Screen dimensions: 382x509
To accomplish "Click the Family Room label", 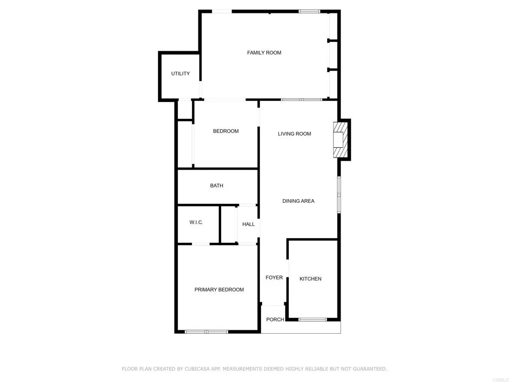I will pyautogui.click(x=264, y=53).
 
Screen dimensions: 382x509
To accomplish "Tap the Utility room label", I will pyautogui.click(x=180, y=74).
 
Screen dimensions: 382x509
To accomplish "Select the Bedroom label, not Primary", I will pyautogui.click(x=226, y=131).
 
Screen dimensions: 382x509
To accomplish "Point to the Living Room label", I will pyautogui.click(x=294, y=134).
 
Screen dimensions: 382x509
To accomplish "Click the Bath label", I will pyautogui.click(x=217, y=186).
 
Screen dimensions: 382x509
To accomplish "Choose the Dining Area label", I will pyautogui.click(x=298, y=201).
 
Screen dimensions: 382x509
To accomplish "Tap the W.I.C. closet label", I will pyautogui.click(x=196, y=222).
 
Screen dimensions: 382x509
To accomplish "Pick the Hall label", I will pyautogui.click(x=249, y=224).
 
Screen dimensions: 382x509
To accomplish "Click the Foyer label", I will pyautogui.click(x=274, y=278).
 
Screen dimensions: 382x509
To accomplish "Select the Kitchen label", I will pyautogui.click(x=310, y=279).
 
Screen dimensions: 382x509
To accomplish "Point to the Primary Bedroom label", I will pyautogui.click(x=219, y=289).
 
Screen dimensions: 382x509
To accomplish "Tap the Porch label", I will pyautogui.click(x=275, y=319).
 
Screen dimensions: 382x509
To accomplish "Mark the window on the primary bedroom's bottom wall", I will pyautogui.click(x=206, y=331).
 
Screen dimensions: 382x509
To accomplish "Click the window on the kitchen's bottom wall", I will pyautogui.click(x=313, y=319).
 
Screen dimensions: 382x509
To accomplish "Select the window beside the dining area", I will pyautogui.click(x=339, y=194).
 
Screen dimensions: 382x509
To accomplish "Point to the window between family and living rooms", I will pyautogui.click(x=301, y=100).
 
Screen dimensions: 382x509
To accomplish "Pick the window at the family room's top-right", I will pyautogui.click(x=309, y=11).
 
